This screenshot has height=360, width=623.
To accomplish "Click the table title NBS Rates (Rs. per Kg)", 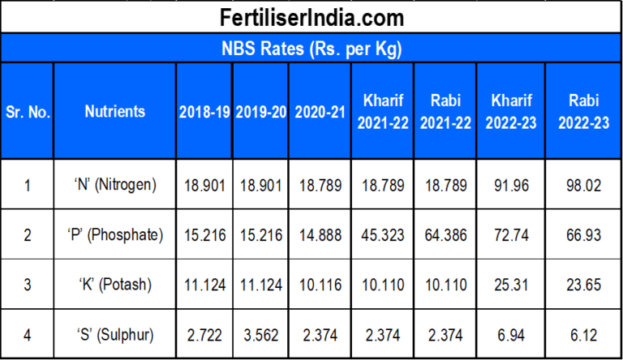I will click(x=311, y=49).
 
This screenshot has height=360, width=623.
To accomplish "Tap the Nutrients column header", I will click(x=114, y=112).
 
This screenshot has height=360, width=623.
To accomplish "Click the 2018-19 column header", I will click(x=204, y=112).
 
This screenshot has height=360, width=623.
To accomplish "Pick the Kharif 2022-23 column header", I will click(x=512, y=112).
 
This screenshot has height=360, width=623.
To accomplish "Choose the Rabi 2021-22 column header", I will click(x=445, y=112).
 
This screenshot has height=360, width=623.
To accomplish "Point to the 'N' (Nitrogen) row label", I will click(x=114, y=186).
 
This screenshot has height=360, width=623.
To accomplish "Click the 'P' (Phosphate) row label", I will click(x=114, y=236).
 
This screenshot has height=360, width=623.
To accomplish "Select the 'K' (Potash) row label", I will click(x=114, y=285).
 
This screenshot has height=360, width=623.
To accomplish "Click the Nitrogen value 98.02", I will click(x=584, y=186).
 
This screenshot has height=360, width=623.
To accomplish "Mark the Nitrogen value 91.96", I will click(x=512, y=186).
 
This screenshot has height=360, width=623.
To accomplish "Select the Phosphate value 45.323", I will click(x=382, y=236).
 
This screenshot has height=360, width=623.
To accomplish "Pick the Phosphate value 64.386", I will click(x=445, y=236).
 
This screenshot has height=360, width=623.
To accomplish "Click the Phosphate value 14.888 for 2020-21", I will click(x=319, y=236).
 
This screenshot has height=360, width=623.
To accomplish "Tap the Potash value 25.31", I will click(x=512, y=285).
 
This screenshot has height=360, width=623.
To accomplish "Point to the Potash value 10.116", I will click(x=319, y=285).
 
